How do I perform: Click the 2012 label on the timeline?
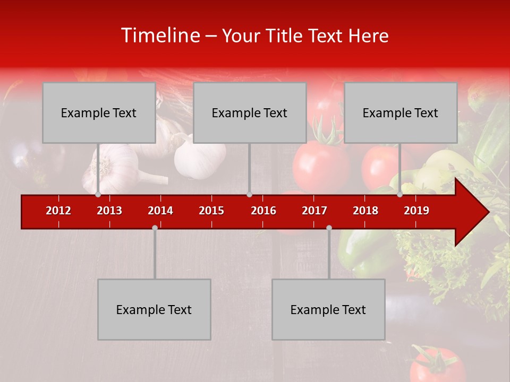pos(58,211)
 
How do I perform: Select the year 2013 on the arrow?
pos(109,211)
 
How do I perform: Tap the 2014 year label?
pos(160,211)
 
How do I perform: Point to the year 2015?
pos(211,211)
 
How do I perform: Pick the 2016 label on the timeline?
pos(263,211)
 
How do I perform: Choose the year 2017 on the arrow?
pos(314,211)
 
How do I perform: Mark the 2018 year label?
pos(365,211)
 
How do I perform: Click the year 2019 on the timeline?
pos(416,211)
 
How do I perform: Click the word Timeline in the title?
pos(159,36)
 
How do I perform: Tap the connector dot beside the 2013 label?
pos(98,194)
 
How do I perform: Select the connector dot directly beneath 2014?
pos(155,228)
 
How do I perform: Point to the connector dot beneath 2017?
pos(329,228)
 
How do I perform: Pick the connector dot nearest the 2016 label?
pos(249,194)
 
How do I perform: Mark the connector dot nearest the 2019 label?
pos(400,194)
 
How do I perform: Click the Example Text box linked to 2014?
pos(154,309)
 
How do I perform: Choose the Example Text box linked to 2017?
pos(328,309)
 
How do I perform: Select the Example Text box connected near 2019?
pos(401,112)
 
